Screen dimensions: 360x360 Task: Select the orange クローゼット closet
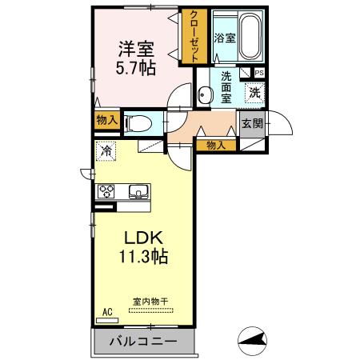click(x=194, y=35)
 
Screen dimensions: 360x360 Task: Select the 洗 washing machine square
click(x=254, y=92)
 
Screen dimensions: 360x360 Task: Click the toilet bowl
click(x=139, y=123)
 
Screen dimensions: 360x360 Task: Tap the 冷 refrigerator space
click(x=106, y=149)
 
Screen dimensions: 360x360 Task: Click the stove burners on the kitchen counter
click(x=107, y=192)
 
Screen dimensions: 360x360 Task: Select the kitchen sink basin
click(x=137, y=192)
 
